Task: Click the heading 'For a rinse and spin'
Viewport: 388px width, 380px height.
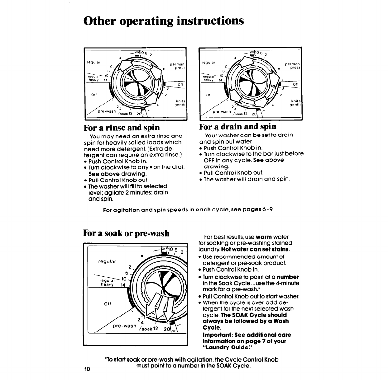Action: click(x=122, y=128)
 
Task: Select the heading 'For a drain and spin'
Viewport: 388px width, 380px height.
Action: click(x=237, y=126)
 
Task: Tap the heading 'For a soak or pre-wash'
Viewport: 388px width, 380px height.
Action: click(x=126, y=233)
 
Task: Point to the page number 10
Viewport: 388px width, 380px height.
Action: click(x=87, y=369)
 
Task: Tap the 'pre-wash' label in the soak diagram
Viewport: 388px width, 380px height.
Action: click(x=125, y=326)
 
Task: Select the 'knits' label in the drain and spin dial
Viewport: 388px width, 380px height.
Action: click(x=295, y=101)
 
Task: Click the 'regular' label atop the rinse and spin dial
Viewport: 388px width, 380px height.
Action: click(x=94, y=62)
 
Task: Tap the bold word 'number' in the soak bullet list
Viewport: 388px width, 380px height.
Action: click(x=288, y=277)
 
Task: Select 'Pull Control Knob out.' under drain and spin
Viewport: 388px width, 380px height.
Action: click(x=234, y=173)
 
